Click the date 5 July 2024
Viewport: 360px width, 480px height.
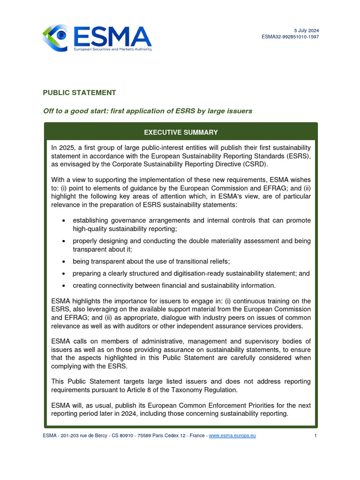pyautogui.click(x=307, y=30)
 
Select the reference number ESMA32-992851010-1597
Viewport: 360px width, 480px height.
pyautogui.click(x=291, y=37)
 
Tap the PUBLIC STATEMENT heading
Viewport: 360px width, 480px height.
pyautogui.click(x=79, y=93)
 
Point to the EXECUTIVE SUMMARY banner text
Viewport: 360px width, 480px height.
pyautogui.click(x=180, y=132)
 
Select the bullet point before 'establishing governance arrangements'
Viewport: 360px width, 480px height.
pyautogui.click(x=63, y=221)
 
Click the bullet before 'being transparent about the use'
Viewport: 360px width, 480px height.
pyautogui.click(x=63, y=261)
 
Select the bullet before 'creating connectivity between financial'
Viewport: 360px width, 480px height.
pyautogui.click(x=63, y=285)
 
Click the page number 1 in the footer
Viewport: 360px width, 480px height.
pyautogui.click(x=316, y=435)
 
